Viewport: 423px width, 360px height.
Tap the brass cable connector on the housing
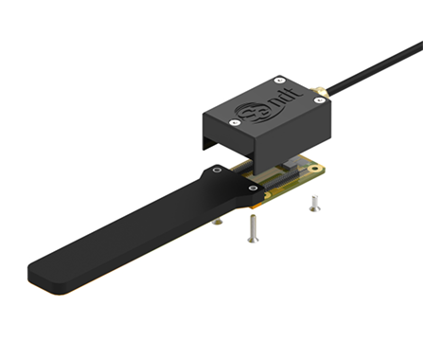pyautogui.click(x=320, y=91)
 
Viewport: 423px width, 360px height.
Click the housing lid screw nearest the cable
pyautogui.click(x=320, y=100)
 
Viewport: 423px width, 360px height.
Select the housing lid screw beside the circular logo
pyautogui.click(x=234, y=122)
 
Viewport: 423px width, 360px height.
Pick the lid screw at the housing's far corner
pyautogui.click(x=279, y=80)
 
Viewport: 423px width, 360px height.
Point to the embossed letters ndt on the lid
pyautogui.click(x=287, y=97)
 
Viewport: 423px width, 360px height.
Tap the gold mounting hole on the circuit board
pyautogui.click(x=313, y=169)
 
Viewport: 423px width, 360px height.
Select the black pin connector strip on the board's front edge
pyautogui.click(x=282, y=181)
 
